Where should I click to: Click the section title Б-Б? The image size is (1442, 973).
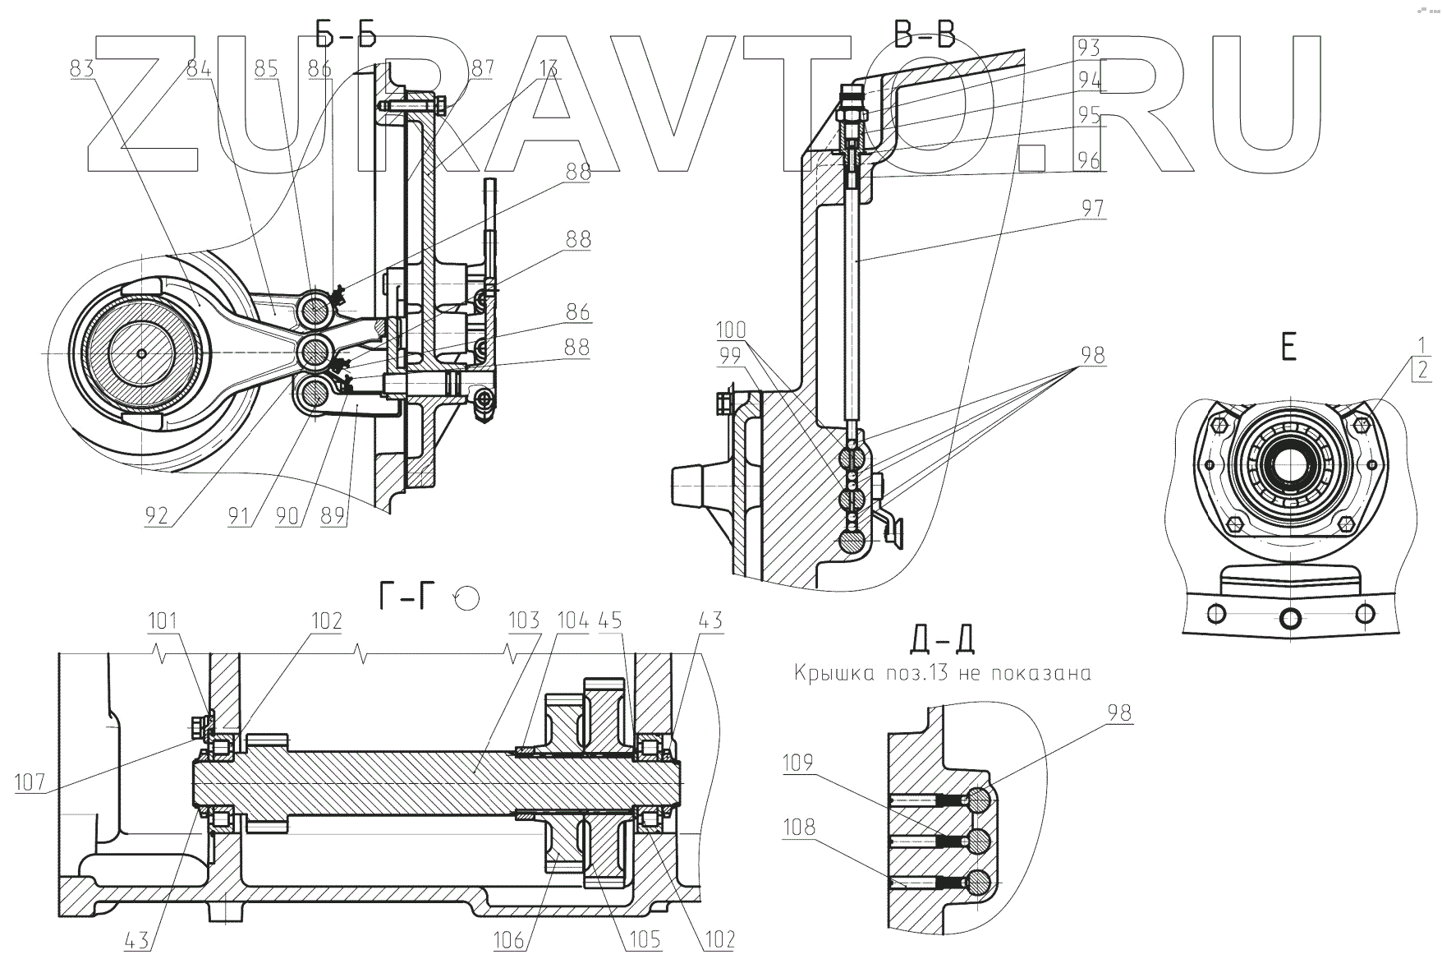(345, 35)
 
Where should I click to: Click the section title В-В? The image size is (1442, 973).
(924, 35)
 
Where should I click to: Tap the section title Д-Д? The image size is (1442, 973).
(942, 639)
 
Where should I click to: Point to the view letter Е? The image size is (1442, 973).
(1288, 348)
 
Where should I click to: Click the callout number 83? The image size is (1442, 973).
(81, 68)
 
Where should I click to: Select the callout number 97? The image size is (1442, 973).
(1091, 208)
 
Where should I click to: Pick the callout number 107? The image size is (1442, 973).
(30, 782)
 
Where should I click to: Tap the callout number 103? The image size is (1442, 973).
(525, 620)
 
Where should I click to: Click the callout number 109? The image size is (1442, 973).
(797, 763)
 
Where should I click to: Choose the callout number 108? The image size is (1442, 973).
(799, 827)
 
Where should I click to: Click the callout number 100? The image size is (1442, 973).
(730, 330)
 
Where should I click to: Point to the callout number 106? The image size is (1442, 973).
(509, 938)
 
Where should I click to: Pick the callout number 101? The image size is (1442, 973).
(163, 620)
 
